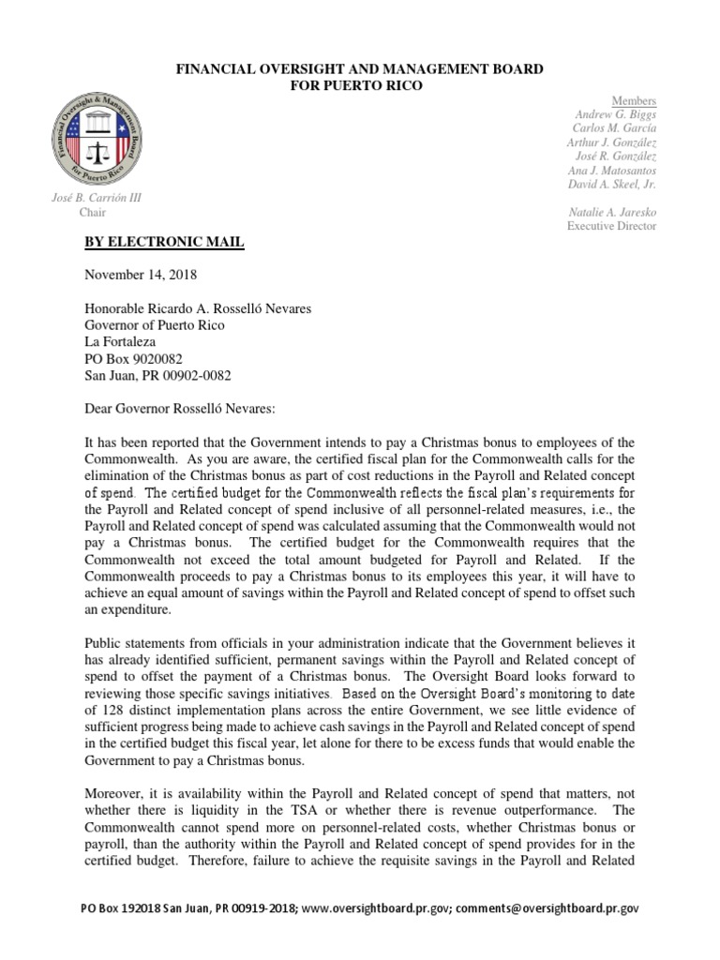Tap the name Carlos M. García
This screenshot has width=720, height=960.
pyautogui.click(x=614, y=128)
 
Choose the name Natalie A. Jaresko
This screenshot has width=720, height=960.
pyautogui.click(x=612, y=213)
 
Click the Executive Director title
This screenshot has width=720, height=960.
pyautogui.click(x=611, y=227)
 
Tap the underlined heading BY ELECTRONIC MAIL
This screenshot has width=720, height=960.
pyautogui.click(x=164, y=243)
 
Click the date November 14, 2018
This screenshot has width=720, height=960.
pyautogui.click(x=142, y=276)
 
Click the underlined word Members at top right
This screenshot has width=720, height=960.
pyautogui.click(x=634, y=100)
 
